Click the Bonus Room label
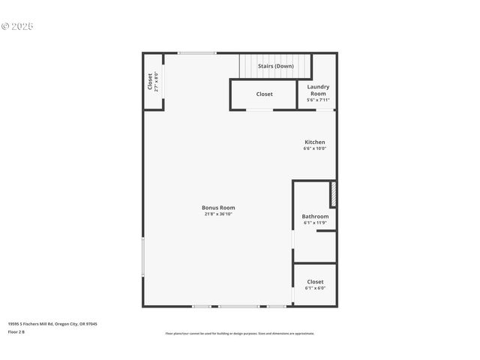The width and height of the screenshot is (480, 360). [x=218, y=208]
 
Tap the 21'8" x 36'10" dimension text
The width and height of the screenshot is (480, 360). [x=218, y=214]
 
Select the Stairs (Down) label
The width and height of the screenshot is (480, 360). [x=276, y=66]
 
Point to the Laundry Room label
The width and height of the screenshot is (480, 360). [x=318, y=90]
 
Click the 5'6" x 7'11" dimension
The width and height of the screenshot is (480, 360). [x=318, y=100]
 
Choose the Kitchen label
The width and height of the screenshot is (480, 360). [x=315, y=142]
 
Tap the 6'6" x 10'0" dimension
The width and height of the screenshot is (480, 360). [x=315, y=148]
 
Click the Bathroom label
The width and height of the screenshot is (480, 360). [x=315, y=216]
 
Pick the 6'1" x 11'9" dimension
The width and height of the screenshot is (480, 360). [x=315, y=223]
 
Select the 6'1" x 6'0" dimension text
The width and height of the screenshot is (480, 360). [x=315, y=288]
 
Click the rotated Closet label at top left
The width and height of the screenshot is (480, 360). [x=150, y=81]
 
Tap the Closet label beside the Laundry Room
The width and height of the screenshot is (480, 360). [x=265, y=94]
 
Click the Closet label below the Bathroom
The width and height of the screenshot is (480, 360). [x=315, y=281]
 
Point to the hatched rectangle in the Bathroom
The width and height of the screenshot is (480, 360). [x=333, y=194]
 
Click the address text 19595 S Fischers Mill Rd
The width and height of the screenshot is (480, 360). [x=52, y=324]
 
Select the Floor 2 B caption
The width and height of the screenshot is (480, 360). [x=16, y=331]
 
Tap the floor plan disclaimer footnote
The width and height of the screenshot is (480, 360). [x=240, y=334]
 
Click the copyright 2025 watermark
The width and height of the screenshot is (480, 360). [x=17, y=26]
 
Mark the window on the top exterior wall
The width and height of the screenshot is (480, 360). [x=196, y=52]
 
